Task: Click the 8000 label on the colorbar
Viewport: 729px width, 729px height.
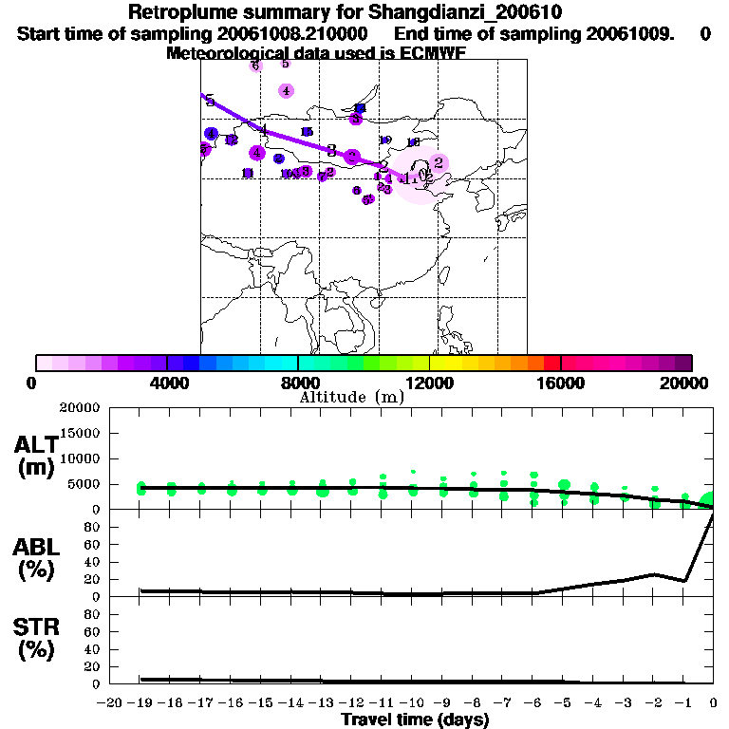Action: [298, 383]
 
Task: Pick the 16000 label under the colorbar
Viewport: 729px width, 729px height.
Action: [561, 383]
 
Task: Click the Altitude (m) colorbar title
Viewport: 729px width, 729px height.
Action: [352, 397]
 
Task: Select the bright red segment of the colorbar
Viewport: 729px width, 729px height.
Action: [551, 363]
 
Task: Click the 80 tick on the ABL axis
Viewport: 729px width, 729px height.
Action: [94, 527]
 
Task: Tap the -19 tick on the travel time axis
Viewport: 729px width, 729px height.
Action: [140, 703]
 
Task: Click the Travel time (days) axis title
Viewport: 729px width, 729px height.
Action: [415, 720]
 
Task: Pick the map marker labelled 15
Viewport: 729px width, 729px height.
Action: [307, 132]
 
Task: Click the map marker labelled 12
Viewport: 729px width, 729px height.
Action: [231, 140]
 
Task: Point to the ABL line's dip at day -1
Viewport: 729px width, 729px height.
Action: [684, 580]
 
